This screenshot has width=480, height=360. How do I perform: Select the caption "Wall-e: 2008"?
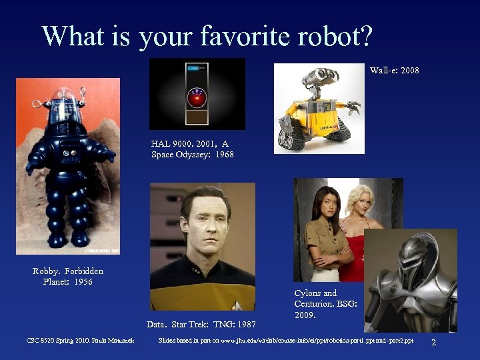coord(395,70)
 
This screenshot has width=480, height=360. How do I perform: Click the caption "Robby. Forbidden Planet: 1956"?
coord(67,276)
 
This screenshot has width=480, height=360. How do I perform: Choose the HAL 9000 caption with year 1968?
coord(192,149)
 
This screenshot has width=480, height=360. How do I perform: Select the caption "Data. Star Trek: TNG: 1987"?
coord(201,325)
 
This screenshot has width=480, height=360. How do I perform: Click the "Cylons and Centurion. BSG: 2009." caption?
coord(325,303)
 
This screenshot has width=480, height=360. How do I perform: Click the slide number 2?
coord(434,342)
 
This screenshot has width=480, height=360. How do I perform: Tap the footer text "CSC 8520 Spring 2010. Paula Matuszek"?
coord(80,341)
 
